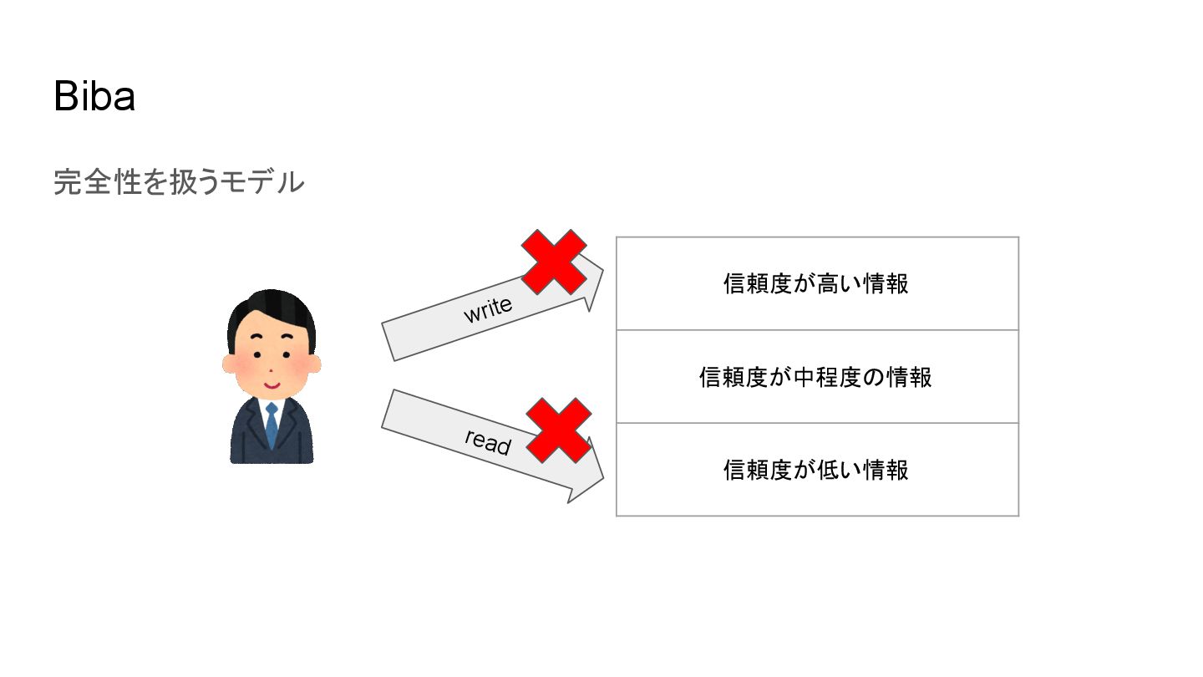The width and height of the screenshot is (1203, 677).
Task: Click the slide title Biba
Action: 94,97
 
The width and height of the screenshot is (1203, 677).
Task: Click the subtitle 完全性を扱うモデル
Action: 179,181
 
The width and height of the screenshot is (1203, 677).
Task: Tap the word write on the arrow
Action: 488,310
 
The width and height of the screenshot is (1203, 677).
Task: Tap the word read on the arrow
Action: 488,441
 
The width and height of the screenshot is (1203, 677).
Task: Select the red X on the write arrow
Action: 554,262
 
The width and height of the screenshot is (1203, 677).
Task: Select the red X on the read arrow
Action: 559,430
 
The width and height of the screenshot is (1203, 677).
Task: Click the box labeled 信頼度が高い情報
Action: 816,284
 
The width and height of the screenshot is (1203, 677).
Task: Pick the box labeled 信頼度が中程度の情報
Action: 816,377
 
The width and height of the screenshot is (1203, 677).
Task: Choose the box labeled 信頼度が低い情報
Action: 816,470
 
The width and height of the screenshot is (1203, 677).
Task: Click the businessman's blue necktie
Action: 272,425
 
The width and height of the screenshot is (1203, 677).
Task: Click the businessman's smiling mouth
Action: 272,385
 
